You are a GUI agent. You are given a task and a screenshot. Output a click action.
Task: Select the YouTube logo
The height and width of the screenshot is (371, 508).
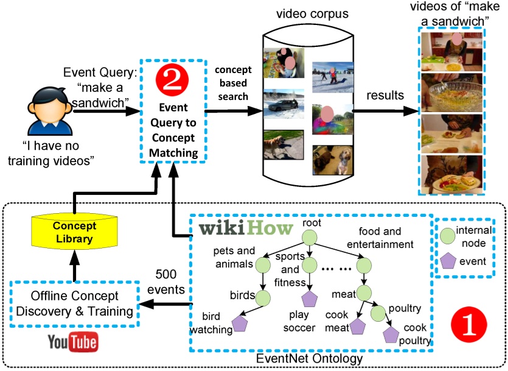(x=73, y=342)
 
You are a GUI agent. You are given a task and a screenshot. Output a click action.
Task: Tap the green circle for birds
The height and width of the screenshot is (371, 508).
(x=262, y=298)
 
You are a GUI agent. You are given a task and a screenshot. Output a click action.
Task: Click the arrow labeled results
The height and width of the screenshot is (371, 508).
(x=386, y=111)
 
